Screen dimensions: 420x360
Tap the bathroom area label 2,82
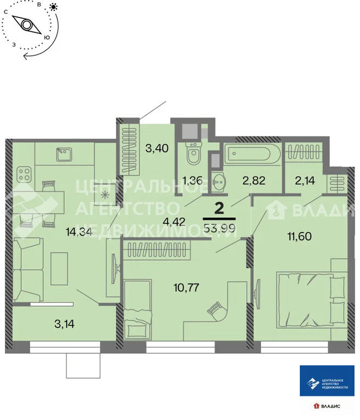point(253,181)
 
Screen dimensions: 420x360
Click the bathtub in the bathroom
point(252,154)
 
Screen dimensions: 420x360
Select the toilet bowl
point(193,155)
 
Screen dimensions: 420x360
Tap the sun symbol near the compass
point(54,7)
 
